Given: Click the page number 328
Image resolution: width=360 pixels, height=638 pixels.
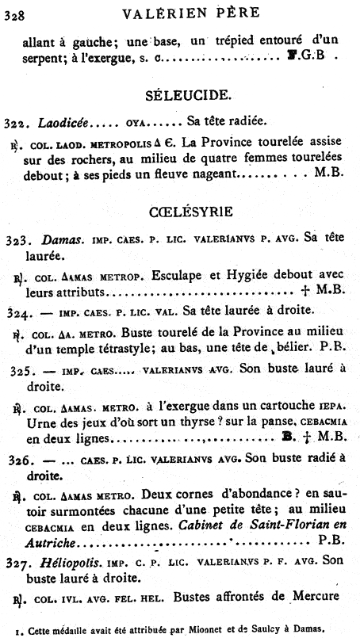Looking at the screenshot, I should pos(13,13).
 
